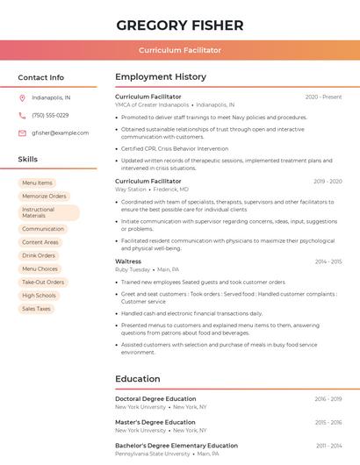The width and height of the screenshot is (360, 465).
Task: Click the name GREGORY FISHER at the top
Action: coord(180,25)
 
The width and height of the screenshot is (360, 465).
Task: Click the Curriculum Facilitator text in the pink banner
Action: coord(180,51)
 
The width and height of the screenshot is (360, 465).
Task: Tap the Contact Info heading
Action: coord(41,77)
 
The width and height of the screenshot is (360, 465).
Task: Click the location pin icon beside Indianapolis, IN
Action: coord(22,98)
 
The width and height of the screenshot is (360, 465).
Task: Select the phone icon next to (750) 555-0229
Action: coord(22,116)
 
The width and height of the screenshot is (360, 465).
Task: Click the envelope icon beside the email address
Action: coord(22,133)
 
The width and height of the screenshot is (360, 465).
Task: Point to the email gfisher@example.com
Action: coord(60,133)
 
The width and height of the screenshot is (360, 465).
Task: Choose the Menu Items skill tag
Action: coord(37,183)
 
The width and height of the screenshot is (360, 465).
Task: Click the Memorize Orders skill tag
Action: coord(44,197)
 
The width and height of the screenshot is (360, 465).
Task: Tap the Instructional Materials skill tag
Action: coord(48,212)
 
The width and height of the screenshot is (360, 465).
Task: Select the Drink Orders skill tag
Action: coord(39,255)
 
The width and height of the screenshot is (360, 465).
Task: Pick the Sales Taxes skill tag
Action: coord(36,309)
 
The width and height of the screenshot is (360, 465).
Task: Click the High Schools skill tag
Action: coord(39,296)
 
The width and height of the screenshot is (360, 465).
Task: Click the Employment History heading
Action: coord(161,77)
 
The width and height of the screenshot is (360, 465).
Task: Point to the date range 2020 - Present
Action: coord(323,97)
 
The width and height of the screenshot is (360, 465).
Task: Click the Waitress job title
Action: coord(128,261)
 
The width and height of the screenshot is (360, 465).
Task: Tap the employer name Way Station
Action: coord(131,190)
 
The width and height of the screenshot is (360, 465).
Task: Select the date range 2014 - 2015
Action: coord(328,261)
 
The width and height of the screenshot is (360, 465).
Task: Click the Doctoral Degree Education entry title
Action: coord(155,399)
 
